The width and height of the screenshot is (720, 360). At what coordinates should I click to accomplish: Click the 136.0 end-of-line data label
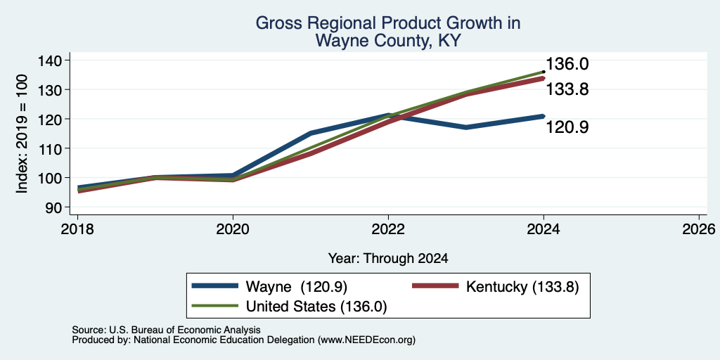click(567, 64)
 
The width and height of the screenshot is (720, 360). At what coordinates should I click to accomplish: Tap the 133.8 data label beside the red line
click(567, 89)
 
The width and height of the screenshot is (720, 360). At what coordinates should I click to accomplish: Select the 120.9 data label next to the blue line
click(567, 127)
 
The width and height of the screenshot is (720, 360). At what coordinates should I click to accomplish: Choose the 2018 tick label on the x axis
click(77, 229)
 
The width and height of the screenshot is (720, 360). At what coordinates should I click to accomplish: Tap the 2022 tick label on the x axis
click(388, 229)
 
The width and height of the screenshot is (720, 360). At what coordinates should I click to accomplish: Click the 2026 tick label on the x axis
click(699, 229)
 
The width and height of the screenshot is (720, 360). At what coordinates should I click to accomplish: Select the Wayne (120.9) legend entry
click(269, 286)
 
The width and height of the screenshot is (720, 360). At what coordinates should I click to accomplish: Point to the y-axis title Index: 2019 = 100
click(22, 134)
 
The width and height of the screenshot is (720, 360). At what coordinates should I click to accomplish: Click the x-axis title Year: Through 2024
click(388, 259)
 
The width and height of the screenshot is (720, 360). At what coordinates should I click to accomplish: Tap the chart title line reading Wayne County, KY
click(388, 41)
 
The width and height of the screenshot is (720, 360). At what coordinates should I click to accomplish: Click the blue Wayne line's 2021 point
click(311, 133)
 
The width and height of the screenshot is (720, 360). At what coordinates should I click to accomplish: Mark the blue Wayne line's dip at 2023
click(466, 127)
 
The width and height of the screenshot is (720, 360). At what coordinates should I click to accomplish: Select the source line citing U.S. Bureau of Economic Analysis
click(166, 330)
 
